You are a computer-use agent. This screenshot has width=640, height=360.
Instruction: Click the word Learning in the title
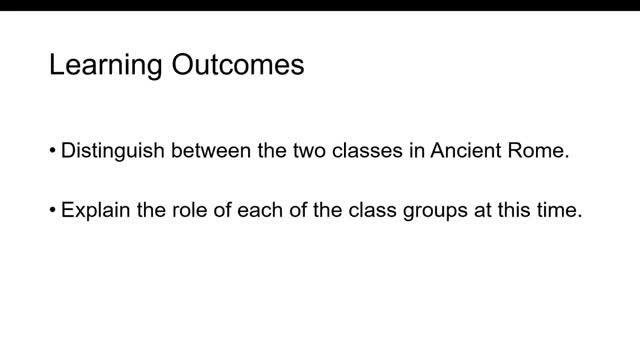pyautogui.click(x=106, y=65)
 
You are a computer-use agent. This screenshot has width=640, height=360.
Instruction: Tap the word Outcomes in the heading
pyautogui.click(x=238, y=64)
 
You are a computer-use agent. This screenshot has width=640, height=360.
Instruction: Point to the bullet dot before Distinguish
pyautogui.click(x=52, y=150)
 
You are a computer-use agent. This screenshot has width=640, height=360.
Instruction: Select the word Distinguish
pyautogui.click(x=113, y=151)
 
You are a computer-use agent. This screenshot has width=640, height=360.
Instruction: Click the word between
pyautogui.click(x=211, y=150)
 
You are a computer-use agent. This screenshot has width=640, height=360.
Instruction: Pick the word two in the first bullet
pyautogui.click(x=309, y=151)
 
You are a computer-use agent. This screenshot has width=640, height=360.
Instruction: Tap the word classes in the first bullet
pyautogui.click(x=367, y=150)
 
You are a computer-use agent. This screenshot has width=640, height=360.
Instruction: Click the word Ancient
pyautogui.click(x=465, y=150)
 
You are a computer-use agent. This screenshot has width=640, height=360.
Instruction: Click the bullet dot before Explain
pyautogui.click(x=52, y=210)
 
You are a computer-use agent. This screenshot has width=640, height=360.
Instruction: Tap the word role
pyautogui.click(x=189, y=210)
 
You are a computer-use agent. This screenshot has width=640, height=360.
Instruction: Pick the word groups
pyautogui.click(x=435, y=211)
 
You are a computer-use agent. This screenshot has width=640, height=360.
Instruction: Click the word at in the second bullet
pyautogui.click(x=482, y=211)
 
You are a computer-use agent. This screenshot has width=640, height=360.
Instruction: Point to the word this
pyautogui.click(x=513, y=210)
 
